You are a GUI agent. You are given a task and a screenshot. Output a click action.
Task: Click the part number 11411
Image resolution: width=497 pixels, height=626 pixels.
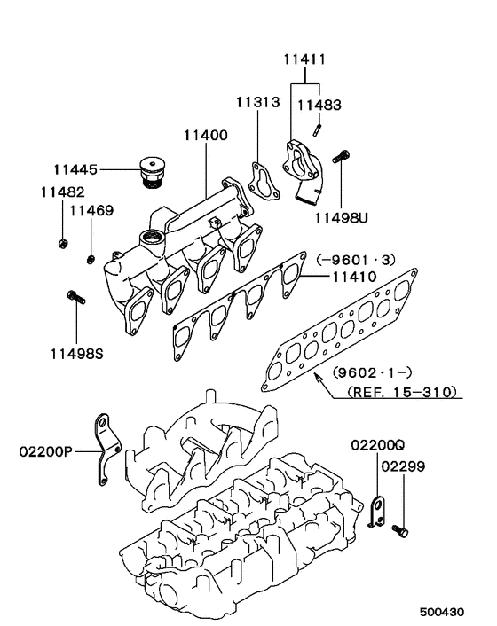(x=305, y=60)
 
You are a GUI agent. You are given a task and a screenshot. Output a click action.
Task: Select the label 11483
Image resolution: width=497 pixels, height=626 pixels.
(x=318, y=105)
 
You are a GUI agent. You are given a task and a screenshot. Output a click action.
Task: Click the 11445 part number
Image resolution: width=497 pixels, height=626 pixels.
(x=74, y=168)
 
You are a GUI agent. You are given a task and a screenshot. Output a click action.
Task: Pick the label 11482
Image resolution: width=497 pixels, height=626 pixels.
(x=62, y=192)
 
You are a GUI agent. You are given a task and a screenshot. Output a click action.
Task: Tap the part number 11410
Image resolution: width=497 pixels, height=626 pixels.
(x=354, y=277)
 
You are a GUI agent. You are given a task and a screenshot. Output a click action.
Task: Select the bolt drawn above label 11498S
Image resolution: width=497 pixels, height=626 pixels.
(x=75, y=299)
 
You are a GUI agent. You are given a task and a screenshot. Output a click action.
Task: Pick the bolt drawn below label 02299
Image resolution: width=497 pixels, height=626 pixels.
(x=399, y=529)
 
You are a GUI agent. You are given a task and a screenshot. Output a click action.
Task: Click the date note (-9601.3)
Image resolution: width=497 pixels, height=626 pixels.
(x=355, y=259)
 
